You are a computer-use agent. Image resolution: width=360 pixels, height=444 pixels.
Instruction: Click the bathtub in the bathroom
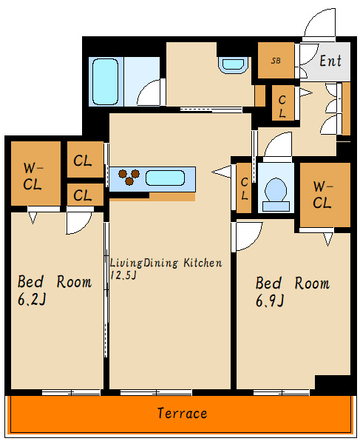pos(105,81)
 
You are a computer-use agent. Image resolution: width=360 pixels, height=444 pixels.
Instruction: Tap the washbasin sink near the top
pos(233,64)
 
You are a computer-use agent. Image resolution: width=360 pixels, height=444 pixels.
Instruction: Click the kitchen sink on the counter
pos(165,178)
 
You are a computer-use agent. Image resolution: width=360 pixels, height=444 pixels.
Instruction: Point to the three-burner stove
pos(129,177)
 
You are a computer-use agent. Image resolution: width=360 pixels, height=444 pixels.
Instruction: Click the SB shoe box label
pos(276,61)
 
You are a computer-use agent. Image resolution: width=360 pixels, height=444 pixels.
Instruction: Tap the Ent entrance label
pos(330,61)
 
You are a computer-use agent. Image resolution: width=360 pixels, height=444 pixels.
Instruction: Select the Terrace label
pos(182,413)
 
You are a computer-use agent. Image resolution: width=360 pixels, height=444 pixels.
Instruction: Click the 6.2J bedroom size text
pos(32,299)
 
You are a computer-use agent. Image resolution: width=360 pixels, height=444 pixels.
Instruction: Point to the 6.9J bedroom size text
pos(270,300)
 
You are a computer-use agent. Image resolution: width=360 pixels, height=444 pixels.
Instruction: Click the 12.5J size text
pos(123,275)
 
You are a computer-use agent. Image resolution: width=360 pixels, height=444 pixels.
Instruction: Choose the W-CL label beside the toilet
pos(322,195)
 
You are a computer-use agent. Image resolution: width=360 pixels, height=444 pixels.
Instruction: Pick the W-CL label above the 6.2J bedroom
pos(33,176)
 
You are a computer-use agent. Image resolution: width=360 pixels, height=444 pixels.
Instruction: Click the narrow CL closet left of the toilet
pos(245,188)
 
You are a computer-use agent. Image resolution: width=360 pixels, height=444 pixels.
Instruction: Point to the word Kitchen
pos(203,263)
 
